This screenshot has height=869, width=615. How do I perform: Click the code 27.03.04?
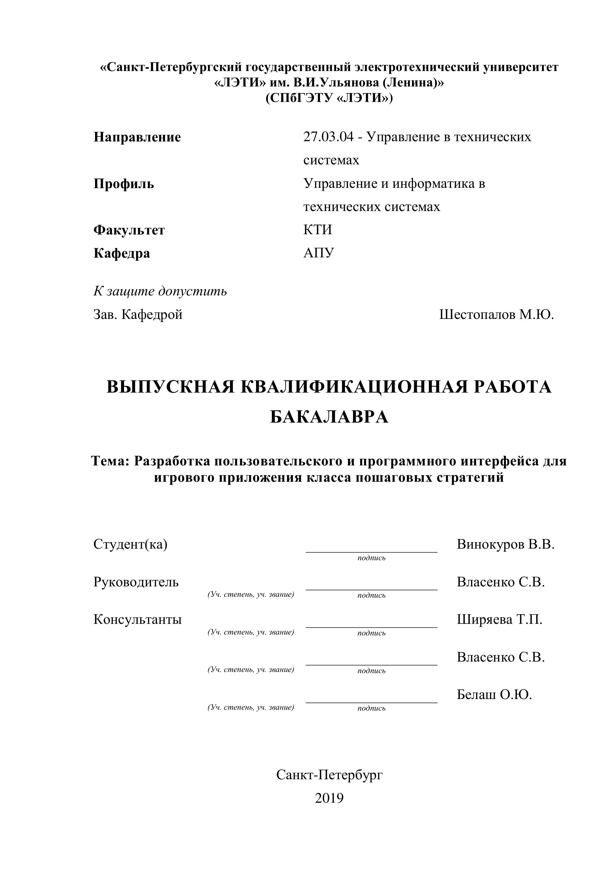click(328, 137)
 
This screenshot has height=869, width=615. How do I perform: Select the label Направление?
click(137, 137)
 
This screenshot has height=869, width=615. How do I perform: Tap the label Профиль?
click(124, 184)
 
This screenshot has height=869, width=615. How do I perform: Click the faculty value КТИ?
click(317, 230)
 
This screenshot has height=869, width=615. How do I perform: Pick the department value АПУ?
click(319, 253)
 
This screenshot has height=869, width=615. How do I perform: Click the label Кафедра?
click(122, 253)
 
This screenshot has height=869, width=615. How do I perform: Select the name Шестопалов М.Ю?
click(496, 314)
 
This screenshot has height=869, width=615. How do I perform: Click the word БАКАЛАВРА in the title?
click(329, 418)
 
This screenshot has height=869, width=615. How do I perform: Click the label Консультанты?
click(137, 620)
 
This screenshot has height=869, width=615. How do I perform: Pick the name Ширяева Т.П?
click(500, 620)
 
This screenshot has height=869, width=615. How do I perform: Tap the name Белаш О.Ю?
click(494, 695)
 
